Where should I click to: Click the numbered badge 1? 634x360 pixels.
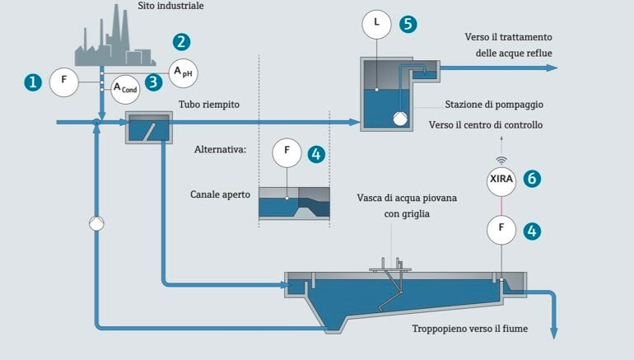32,82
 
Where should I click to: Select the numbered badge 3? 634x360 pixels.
153,82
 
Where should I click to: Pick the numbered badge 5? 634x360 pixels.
407,23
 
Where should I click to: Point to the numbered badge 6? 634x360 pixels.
532,178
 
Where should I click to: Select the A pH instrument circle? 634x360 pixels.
183,72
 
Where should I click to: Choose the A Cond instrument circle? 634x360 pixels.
125,88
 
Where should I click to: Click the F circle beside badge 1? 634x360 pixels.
63,82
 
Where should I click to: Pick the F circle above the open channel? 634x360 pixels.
287,152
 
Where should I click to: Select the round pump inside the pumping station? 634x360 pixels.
399,119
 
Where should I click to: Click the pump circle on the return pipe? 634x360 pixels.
96,223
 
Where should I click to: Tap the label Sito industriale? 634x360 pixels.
170,7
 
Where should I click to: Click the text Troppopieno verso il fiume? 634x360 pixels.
471,329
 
